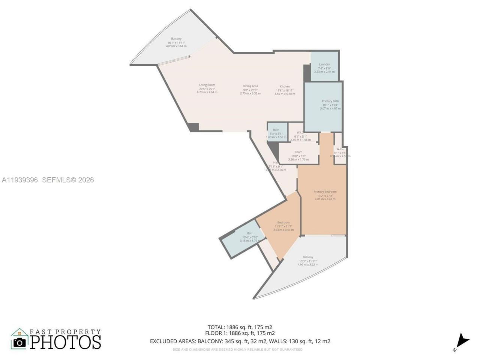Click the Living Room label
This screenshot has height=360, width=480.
pos(207,85)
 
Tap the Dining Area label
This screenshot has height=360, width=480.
pos(250,86)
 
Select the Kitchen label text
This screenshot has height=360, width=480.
pos(285,87)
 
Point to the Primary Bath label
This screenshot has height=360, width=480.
pos(330,101)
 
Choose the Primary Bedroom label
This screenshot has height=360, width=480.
pos(325,192)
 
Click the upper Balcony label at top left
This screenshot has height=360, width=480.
pos(176,39)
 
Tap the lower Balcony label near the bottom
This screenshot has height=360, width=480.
pos(308,257)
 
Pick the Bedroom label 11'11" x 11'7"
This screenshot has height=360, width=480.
pos(283,223)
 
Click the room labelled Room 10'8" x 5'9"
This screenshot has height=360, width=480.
pos(298,152)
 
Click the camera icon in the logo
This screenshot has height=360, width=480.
pos(20,342)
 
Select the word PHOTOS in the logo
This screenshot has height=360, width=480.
pos(66,342)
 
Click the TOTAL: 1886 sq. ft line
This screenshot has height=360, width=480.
pos(240,327)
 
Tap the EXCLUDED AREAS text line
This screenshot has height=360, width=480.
pos(240,341)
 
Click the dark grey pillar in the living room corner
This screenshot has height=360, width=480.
pos(193,127)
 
